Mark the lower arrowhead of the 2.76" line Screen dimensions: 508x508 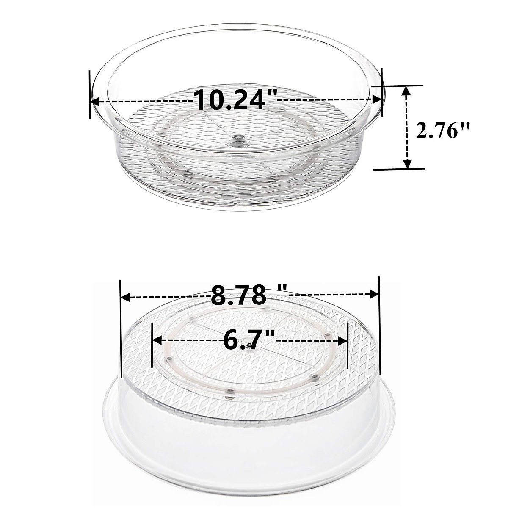coord(407,164)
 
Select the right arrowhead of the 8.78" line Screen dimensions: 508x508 coord(374,294)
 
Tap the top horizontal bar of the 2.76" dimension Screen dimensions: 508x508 coord(398,85)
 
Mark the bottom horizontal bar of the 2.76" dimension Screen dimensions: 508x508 coord(398,169)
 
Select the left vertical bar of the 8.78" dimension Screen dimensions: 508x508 coord(121,328)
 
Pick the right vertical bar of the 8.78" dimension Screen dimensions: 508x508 coord(379,326)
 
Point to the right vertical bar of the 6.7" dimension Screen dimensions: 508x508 coord(348,345)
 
